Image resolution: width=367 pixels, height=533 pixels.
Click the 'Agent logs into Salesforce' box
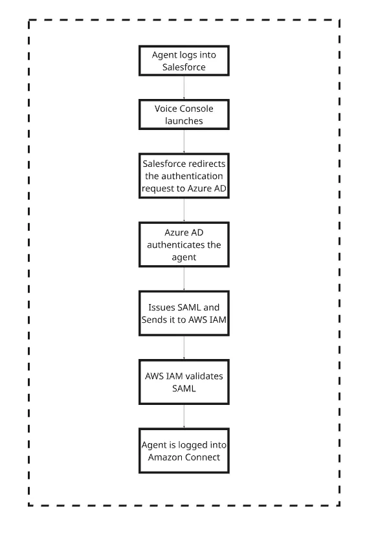click(184, 61)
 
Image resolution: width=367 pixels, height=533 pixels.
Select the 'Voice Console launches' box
click(184, 114)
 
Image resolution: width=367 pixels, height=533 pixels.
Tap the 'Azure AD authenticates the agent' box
click(184, 245)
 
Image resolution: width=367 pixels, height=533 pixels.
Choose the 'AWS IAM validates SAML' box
click(184, 382)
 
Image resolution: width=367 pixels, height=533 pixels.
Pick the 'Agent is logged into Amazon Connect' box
click(184, 451)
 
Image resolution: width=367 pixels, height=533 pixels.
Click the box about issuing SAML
click(184, 313)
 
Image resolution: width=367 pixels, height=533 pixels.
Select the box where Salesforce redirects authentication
click(184, 176)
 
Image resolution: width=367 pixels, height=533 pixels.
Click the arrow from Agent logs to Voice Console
click(184, 88)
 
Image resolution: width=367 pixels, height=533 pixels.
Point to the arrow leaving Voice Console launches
click(184, 142)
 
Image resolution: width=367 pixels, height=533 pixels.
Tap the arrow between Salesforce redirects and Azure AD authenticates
click(184, 210)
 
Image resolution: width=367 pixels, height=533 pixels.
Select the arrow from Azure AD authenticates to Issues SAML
click(184, 279)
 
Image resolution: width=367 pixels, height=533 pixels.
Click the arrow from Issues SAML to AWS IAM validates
click(184, 348)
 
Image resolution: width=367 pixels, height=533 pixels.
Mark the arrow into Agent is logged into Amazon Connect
click(184, 417)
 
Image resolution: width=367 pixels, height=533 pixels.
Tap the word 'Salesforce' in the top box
click(184, 67)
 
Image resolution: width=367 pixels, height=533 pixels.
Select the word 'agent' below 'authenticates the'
click(184, 257)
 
